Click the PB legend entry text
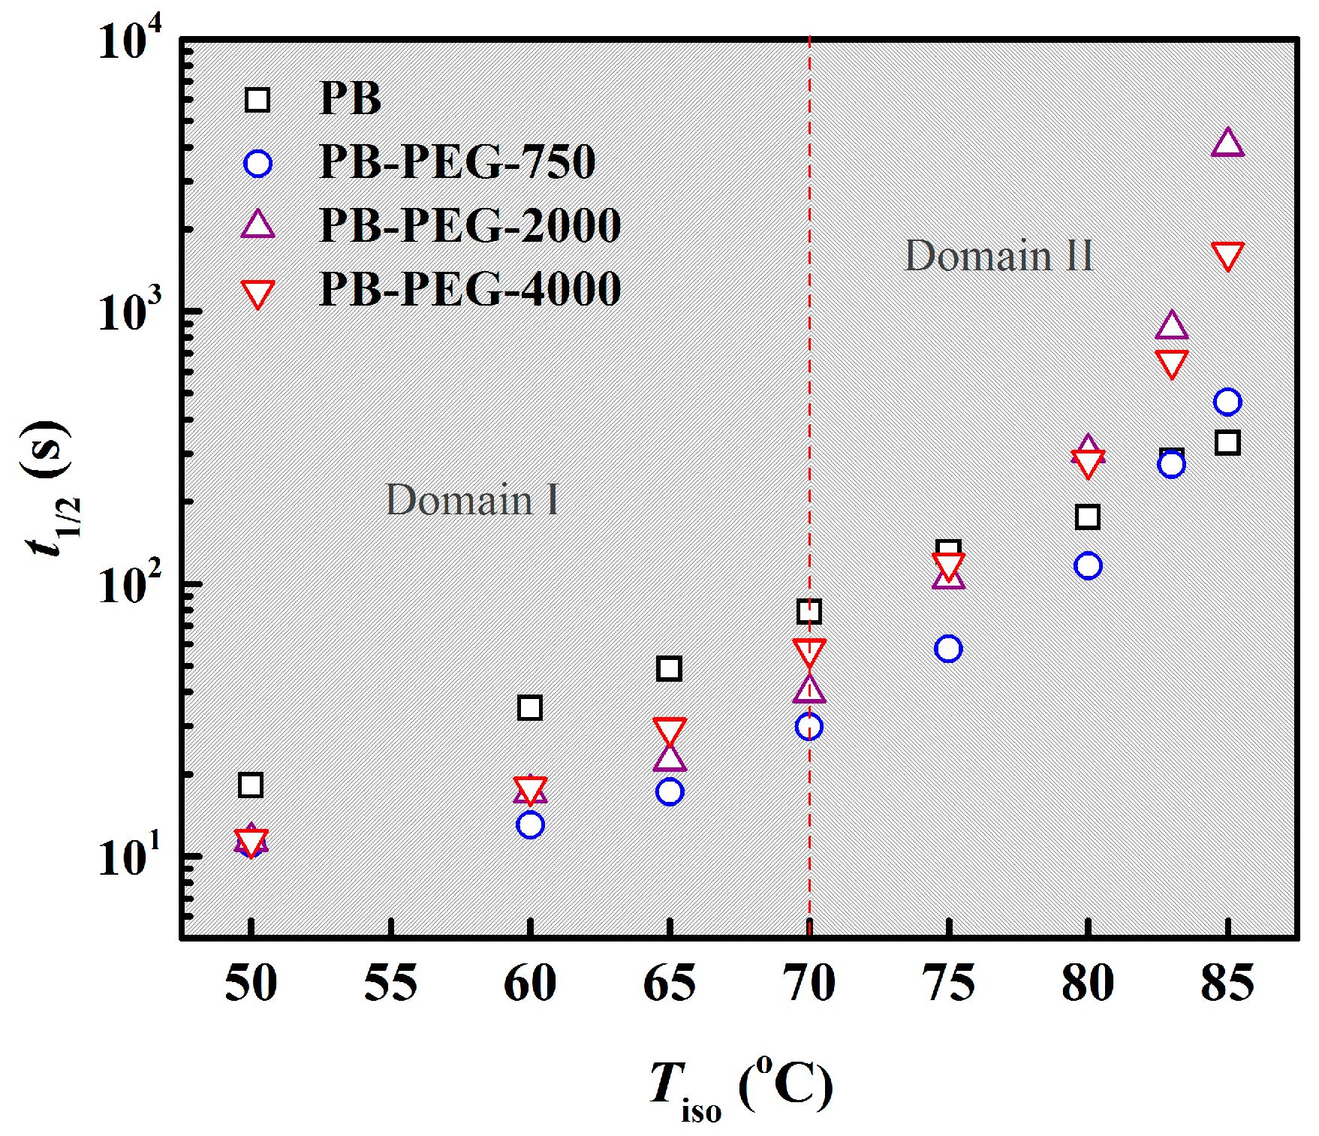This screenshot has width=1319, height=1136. click(x=350, y=98)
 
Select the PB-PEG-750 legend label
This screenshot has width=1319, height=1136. click(x=457, y=161)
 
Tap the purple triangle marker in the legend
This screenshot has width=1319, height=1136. click(x=257, y=225)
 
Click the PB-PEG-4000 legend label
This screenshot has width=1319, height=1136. click(x=470, y=289)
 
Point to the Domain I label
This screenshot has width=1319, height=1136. click(x=472, y=500)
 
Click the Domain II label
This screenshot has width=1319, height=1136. click(x=998, y=256)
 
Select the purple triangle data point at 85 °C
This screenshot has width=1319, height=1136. click(x=1227, y=143)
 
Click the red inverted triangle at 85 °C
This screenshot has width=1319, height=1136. click(x=1227, y=255)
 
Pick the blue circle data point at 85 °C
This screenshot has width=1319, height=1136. click(x=1227, y=402)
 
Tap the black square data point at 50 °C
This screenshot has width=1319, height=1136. click(x=251, y=785)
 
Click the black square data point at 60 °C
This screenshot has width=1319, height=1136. click(x=530, y=707)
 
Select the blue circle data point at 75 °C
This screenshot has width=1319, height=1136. click(x=948, y=649)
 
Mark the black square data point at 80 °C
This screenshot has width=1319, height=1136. click(x=1088, y=517)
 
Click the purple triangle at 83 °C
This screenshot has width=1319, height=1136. click(x=1171, y=326)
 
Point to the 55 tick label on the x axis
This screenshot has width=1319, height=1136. click(x=390, y=983)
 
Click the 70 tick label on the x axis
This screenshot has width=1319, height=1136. click(x=809, y=983)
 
